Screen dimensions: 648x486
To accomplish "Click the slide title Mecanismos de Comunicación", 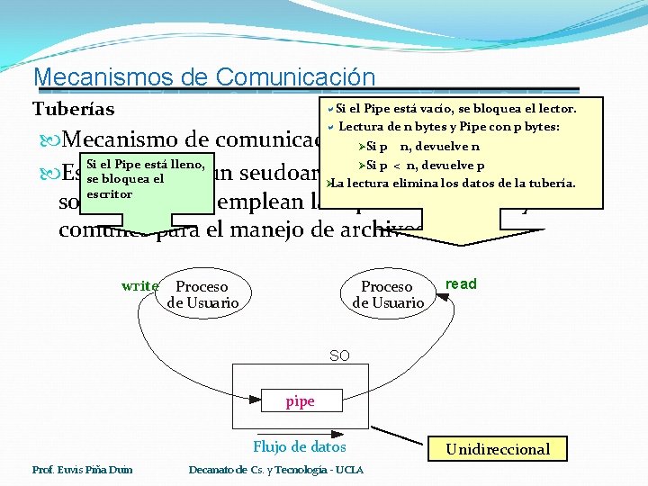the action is pos(203,78).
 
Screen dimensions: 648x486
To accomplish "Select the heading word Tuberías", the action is pos(74,110).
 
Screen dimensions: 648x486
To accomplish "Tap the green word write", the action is pos(139,286).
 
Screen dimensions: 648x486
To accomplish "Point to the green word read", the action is pos(461,284).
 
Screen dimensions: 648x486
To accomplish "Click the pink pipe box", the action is pos(300,401).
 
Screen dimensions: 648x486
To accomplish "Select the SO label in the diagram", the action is pos(339,356).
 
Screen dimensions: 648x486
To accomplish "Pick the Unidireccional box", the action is pos(498,449).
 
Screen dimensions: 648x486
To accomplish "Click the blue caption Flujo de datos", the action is pos(299,447).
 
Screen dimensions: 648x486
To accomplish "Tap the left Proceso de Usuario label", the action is pos(202,295).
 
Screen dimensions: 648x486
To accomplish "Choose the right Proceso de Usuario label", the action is pos(387,295).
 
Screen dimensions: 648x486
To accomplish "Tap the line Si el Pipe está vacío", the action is pos(454,109).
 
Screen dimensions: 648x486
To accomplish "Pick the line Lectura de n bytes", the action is pos(449,127).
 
